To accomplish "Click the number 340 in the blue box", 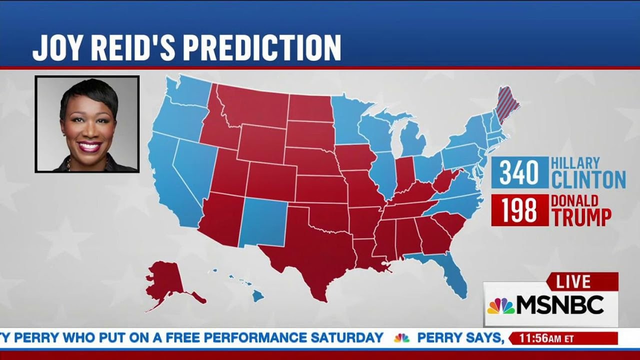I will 519,173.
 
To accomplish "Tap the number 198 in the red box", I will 519,210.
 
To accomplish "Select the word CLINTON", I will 588,179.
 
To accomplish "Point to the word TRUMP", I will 581,217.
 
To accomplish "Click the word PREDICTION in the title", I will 260,48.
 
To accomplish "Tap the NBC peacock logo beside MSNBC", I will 501,305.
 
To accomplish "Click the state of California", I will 170,180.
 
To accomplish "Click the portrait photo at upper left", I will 87,124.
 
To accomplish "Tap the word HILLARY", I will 575,163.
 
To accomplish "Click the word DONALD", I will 574,201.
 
